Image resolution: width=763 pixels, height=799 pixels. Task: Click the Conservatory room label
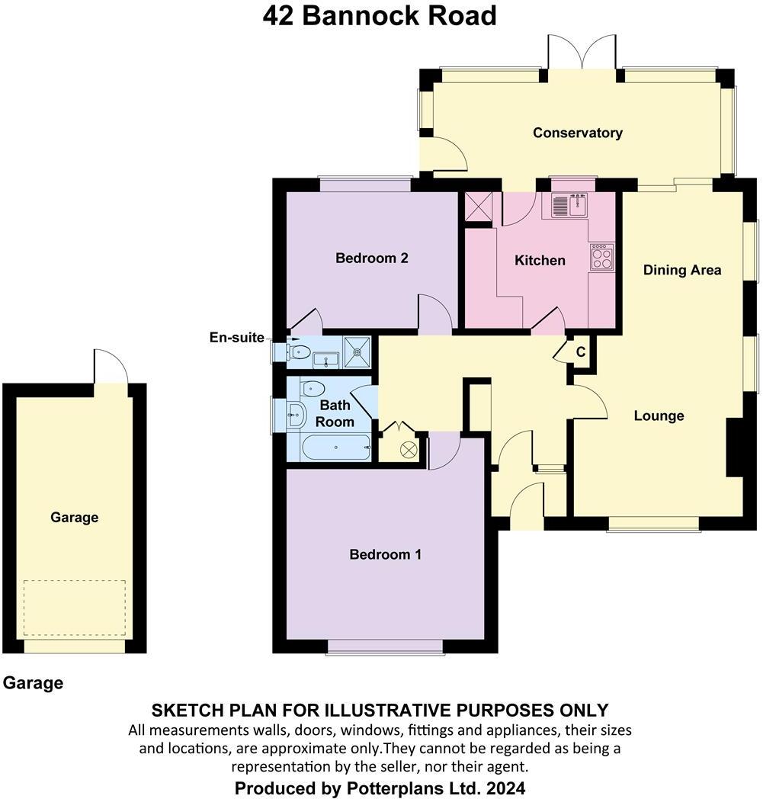click(577, 133)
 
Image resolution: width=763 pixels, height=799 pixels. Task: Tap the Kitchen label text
click(540, 261)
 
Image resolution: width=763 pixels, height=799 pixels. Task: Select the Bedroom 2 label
click(372, 258)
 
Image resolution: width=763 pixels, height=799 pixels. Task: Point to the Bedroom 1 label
click(385, 554)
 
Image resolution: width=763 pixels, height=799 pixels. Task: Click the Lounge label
click(659, 416)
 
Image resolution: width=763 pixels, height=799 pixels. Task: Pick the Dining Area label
click(681, 270)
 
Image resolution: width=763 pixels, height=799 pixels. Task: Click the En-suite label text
click(238, 337)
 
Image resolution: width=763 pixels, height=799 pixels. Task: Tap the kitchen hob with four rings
click(601, 256)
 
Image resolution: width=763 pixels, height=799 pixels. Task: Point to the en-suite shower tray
click(357, 351)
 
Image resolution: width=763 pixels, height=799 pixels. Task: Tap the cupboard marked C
click(580, 352)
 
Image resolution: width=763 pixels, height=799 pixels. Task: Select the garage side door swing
click(110, 367)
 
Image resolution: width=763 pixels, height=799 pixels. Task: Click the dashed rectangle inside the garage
click(74, 608)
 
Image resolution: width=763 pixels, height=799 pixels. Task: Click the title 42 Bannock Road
click(380, 15)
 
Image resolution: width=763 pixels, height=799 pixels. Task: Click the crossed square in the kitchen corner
click(478, 207)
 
